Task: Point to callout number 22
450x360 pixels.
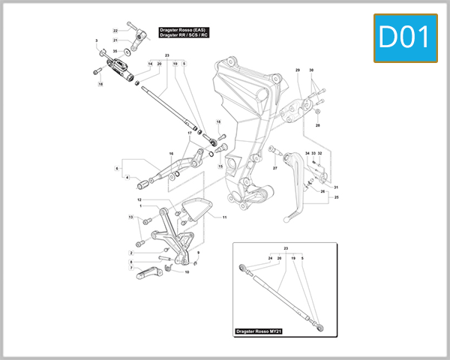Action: click(x=115, y=30)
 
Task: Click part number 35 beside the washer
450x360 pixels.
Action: click(x=115, y=51)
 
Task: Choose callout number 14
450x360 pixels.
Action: click(x=150, y=64)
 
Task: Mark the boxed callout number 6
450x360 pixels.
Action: click(x=117, y=169)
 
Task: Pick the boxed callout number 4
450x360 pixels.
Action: click(x=127, y=178)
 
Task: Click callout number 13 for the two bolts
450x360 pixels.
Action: click(x=130, y=217)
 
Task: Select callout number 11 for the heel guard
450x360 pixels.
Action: click(x=223, y=217)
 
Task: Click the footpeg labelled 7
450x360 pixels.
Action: click(x=147, y=272)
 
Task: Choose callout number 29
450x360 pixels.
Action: click(x=298, y=70)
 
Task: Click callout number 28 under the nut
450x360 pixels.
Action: click(x=317, y=125)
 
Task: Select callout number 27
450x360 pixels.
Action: click(x=274, y=168)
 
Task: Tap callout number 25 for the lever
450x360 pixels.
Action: click(x=337, y=197)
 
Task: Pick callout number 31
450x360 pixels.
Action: click(x=337, y=187)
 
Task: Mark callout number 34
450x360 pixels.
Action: click(x=307, y=153)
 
